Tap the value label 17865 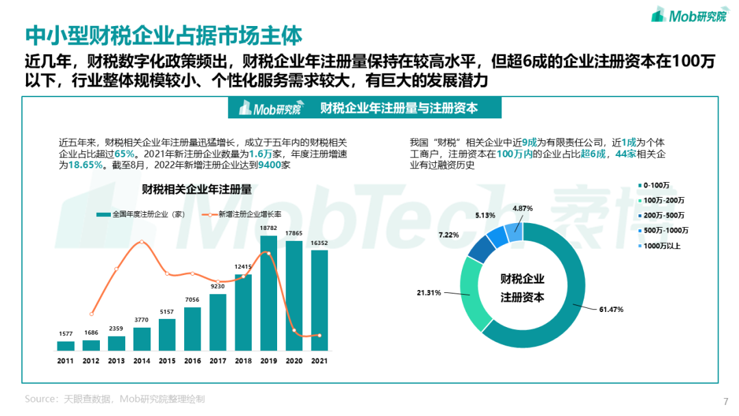click(x=294, y=234)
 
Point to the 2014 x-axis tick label click(x=142, y=361)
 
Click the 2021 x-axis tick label click(x=320, y=361)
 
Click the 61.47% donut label click(x=611, y=309)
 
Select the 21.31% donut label click(x=430, y=292)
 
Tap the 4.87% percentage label click(x=522, y=208)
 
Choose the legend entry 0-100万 click(x=657, y=185)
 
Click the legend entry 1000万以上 click(x=663, y=245)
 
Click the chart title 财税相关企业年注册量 click(x=196, y=189)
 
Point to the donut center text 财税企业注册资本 click(x=522, y=288)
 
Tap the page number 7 click(x=725, y=402)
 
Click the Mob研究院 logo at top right click(x=689, y=14)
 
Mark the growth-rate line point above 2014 click(x=142, y=242)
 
